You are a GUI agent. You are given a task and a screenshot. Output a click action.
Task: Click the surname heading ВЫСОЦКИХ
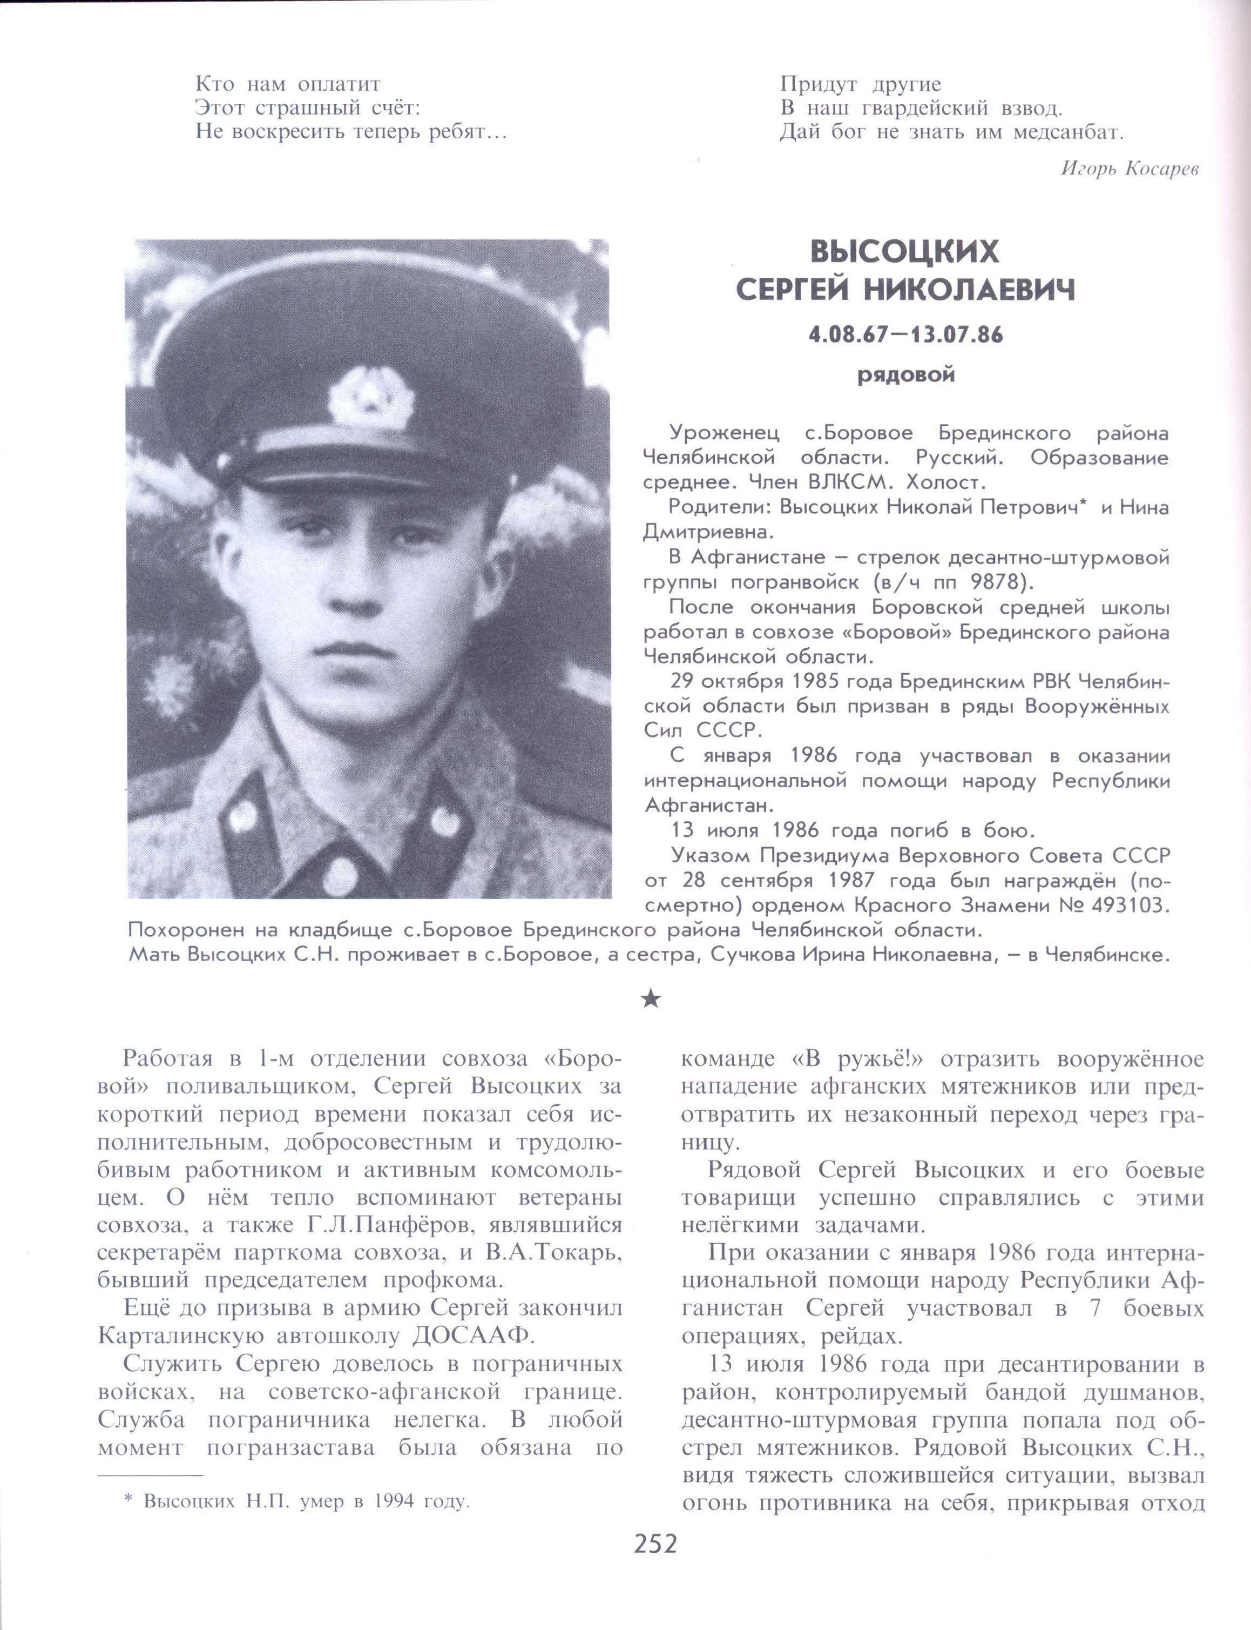click(905, 252)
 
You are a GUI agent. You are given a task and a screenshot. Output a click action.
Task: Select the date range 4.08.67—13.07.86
click(905, 334)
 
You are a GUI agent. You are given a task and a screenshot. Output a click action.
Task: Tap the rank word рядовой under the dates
click(905, 375)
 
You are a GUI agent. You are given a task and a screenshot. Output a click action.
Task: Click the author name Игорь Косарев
click(1129, 169)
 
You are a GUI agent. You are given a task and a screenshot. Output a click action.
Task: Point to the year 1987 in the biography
click(853, 881)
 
